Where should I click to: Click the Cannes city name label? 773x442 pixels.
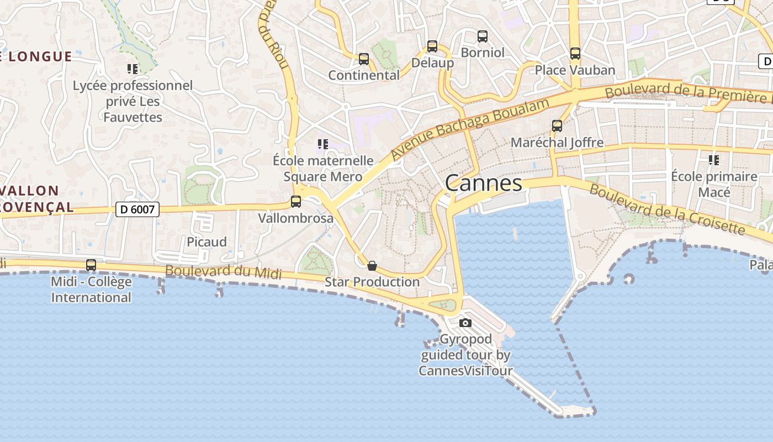(x=483, y=183)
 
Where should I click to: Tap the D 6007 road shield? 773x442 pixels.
(x=137, y=209)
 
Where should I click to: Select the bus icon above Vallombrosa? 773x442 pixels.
(x=296, y=202)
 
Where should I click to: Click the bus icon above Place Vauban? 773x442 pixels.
(x=575, y=54)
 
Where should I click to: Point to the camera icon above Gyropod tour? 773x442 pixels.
(x=465, y=323)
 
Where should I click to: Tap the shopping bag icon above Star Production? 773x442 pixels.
(x=372, y=266)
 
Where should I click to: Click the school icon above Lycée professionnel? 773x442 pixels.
(x=133, y=69)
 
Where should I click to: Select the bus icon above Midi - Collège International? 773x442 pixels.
(x=91, y=265)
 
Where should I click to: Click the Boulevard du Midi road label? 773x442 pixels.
(x=223, y=272)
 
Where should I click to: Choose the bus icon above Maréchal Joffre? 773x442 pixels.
(x=557, y=126)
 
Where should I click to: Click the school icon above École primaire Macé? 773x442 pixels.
(x=713, y=160)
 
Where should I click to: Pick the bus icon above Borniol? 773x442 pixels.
(x=483, y=36)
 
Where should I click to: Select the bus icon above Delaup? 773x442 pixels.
(x=432, y=46)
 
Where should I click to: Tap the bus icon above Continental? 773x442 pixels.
(x=363, y=59)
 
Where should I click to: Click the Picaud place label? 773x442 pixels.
(x=207, y=242)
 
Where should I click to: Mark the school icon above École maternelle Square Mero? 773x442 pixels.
(x=323, y=144)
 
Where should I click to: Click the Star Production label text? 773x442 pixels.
(x=372, y=282)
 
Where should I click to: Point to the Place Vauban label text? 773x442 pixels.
(x=575, y=70)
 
